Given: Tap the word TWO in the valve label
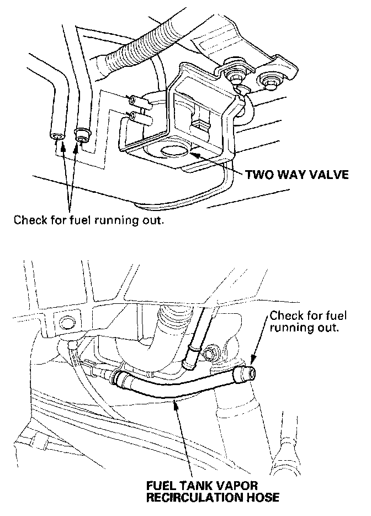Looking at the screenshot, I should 257,175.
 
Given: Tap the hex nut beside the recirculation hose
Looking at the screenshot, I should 212,352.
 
